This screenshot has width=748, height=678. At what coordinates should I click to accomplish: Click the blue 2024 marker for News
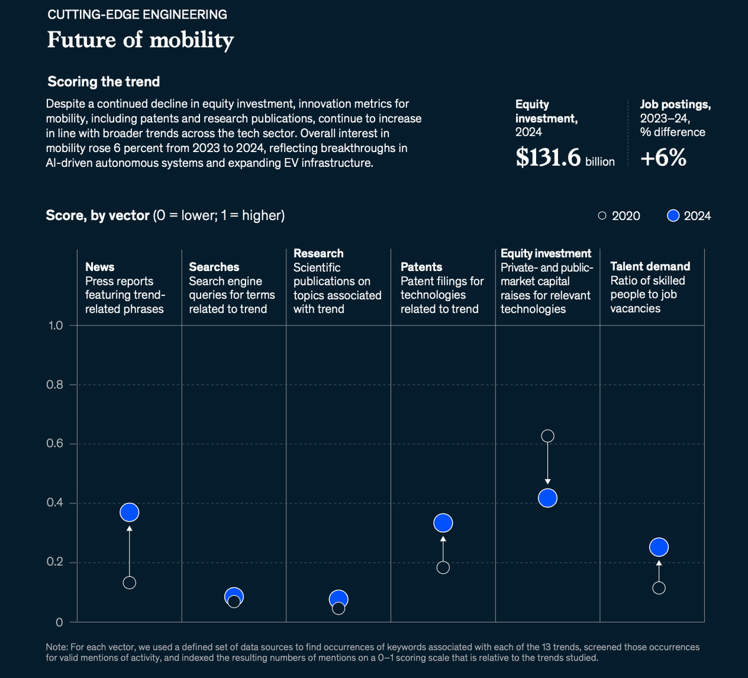point(129,512)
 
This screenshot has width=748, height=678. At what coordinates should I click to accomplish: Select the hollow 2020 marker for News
point(129,583)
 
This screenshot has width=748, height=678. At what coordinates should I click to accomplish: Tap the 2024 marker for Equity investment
point(547,498)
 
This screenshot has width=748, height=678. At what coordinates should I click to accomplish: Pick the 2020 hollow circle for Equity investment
point(547,436)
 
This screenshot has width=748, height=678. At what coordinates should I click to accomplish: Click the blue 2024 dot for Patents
point(443,523)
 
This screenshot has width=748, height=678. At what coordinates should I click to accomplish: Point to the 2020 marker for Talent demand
point(659,588)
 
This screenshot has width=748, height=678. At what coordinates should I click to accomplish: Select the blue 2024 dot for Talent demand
point(659,547)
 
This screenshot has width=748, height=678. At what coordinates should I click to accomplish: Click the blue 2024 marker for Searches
point(234,595)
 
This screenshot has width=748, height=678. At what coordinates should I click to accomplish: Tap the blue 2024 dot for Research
point(338,598)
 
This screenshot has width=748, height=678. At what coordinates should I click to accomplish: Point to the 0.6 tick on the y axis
point(54,444)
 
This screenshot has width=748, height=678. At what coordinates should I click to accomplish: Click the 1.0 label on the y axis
point(54,325)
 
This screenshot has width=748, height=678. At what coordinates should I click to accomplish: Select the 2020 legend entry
point(618,216)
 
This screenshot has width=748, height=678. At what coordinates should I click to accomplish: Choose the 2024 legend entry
point(689,216)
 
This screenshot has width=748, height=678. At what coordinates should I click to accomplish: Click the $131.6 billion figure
point(564,158)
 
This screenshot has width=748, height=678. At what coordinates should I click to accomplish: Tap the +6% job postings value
point(663,158)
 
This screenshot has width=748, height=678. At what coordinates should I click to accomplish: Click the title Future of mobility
point(140,40)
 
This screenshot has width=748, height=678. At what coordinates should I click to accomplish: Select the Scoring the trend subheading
point(103,82)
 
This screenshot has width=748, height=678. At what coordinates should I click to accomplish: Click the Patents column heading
point(421,267)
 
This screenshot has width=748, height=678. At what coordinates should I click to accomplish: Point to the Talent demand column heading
point(650,267)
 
